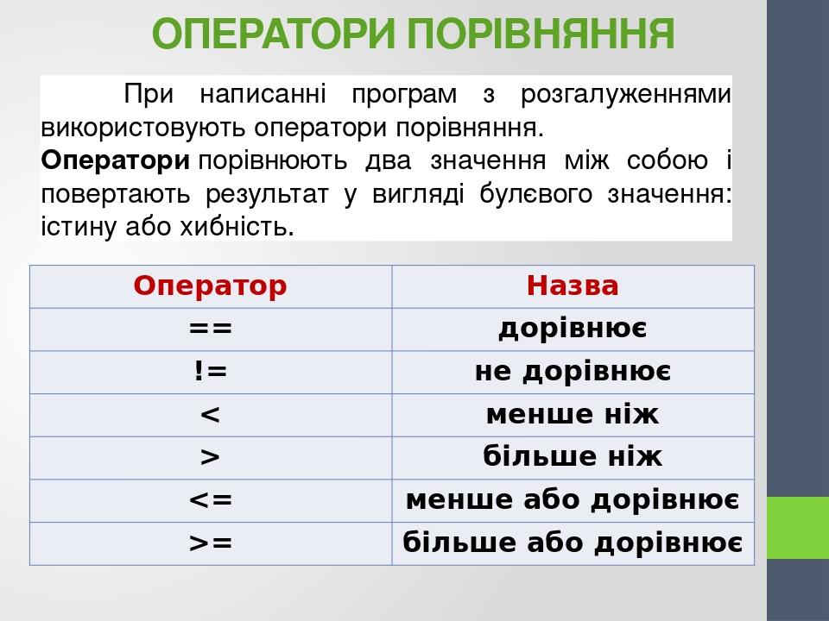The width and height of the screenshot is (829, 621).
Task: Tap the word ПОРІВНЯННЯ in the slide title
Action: pos(539,34)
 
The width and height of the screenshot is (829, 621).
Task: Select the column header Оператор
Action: pos(210,285)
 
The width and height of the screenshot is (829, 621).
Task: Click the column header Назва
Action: pos(573,285)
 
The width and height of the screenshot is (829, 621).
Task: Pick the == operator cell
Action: pos(210,329)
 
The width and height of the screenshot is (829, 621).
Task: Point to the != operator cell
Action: pos(210,372)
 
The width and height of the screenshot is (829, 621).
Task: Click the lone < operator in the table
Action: pos(210,415)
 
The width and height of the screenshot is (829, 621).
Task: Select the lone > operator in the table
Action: pos(210,457)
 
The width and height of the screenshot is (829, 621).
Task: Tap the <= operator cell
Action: pos(210,500)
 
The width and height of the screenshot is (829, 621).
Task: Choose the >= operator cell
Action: pos(210,543)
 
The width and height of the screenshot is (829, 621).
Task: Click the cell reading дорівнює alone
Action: pos(573,329)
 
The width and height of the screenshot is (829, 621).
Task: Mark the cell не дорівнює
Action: pos(573,372)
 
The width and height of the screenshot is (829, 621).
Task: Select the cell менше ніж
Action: pos(573,415)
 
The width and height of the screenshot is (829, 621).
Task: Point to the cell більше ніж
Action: pos(573,457)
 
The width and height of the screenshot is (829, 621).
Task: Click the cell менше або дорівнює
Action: pos(573,500)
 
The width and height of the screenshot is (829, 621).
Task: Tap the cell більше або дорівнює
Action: pos(573,543)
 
